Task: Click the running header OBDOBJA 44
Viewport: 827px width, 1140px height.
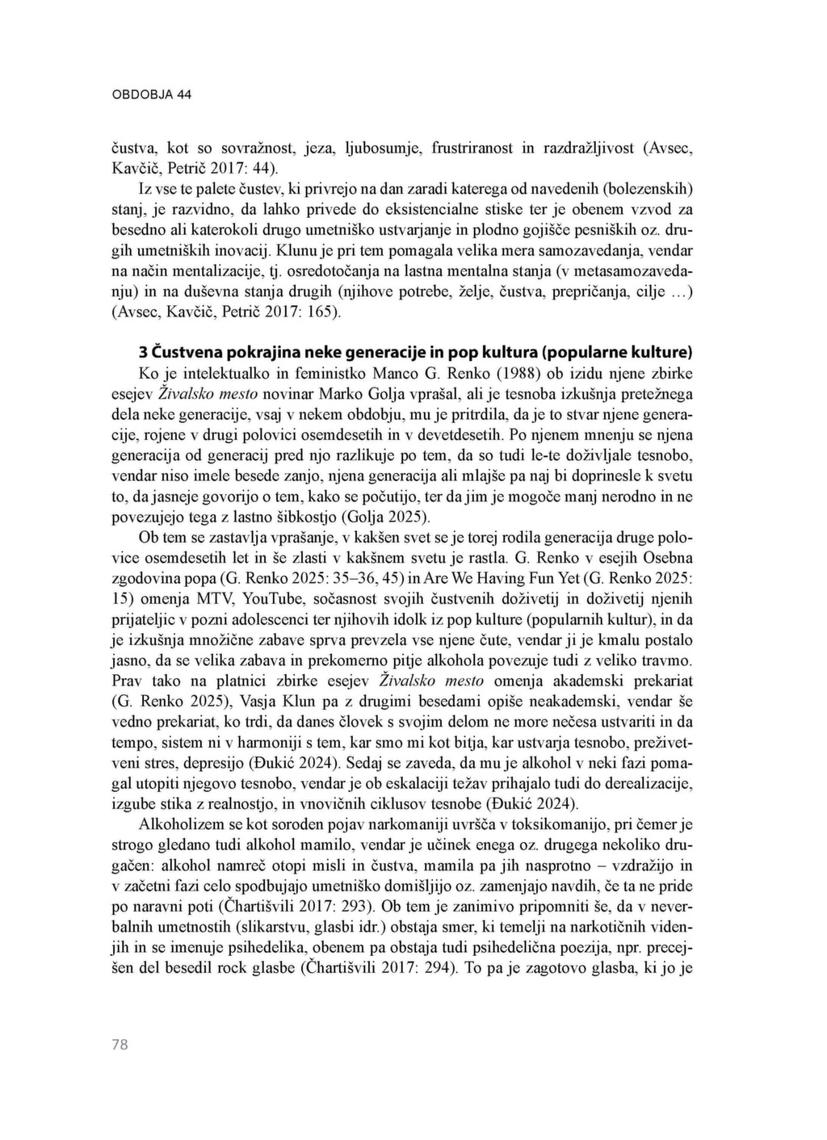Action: pos(151,94)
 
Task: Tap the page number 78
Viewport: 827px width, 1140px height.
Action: pos(120,1045)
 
